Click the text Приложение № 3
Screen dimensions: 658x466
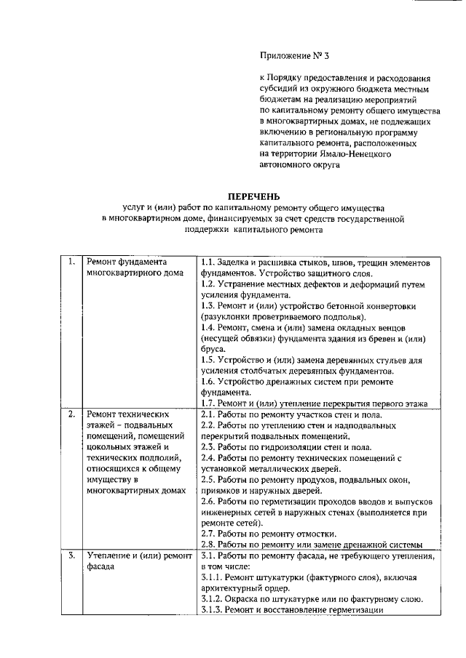[289, 54]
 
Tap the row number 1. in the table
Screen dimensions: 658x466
[71, 262]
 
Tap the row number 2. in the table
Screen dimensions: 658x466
[71, 414]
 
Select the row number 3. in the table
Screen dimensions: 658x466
[71, 556]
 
